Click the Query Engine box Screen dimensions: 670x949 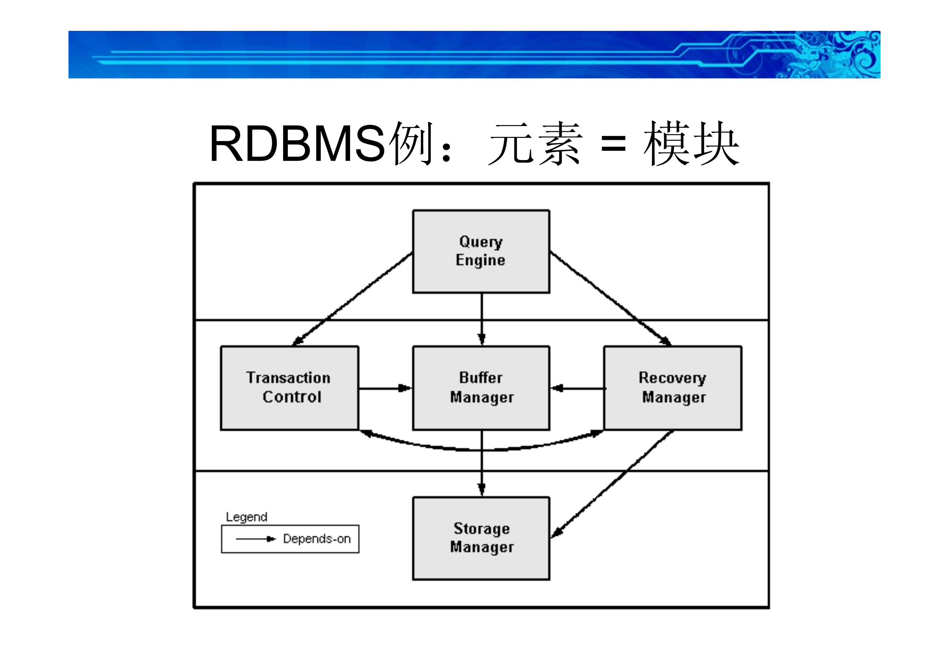point(481,251)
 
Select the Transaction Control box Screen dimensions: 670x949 point(290,388)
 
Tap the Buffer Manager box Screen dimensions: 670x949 point(481,388)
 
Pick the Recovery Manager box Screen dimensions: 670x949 point(673,388)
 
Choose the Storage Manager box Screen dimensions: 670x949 point(481,538)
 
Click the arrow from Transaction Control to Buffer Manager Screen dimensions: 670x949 point(385,388)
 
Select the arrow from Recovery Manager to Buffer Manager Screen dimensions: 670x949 point(577,388)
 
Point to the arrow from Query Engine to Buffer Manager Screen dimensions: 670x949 point(481,319)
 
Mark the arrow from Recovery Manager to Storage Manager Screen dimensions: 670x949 point(613,483)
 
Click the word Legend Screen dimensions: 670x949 point(246,517)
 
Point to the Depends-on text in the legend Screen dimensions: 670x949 point(317,539)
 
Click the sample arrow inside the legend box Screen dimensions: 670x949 point(255,539)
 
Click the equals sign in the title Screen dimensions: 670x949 point(613,144)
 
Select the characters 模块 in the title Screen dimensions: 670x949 point(691,144)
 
